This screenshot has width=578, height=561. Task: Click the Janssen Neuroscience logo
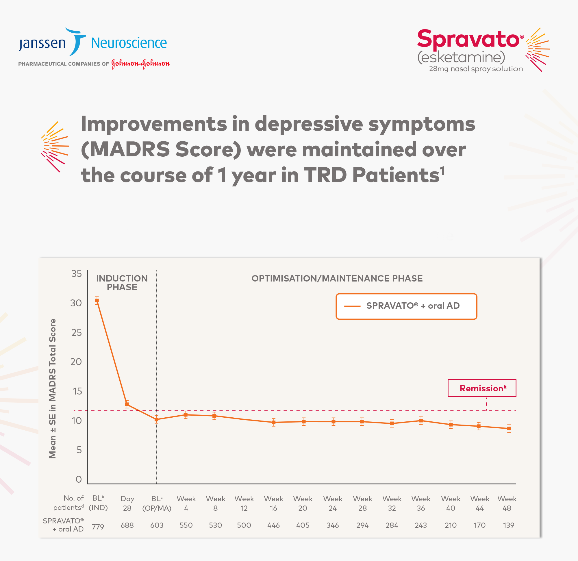[x=92, y=43]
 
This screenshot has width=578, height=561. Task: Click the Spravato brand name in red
[x=468, y=39]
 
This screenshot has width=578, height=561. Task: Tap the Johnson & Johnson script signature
[x=140, y=64]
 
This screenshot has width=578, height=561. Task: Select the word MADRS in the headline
[x=130, y=149]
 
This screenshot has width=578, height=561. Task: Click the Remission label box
[x=481, y=388]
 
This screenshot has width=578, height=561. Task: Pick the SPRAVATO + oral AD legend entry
[x=406, y=306]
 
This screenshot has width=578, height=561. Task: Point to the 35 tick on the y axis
[x=76, y=273]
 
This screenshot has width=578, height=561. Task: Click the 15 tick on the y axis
[x=77, y=391]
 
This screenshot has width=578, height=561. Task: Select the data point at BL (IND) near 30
[x=97, y=301]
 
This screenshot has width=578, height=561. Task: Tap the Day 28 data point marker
[x=127, y=404]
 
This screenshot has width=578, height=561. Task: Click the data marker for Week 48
[x=509, y=429]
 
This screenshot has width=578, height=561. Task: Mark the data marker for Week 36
[x=421, y=421]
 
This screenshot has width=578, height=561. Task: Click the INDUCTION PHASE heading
[x=122, y=283]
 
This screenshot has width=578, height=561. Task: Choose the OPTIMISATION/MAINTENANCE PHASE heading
[x=337, y=278]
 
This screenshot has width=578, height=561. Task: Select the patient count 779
[x=98, y=527]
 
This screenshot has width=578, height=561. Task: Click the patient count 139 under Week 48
[x=508, y=525]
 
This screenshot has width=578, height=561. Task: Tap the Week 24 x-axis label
[x=333, y=503]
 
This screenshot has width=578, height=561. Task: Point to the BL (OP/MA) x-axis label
[x=157, y=503]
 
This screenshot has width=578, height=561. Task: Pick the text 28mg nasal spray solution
[x=476, y=69]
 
